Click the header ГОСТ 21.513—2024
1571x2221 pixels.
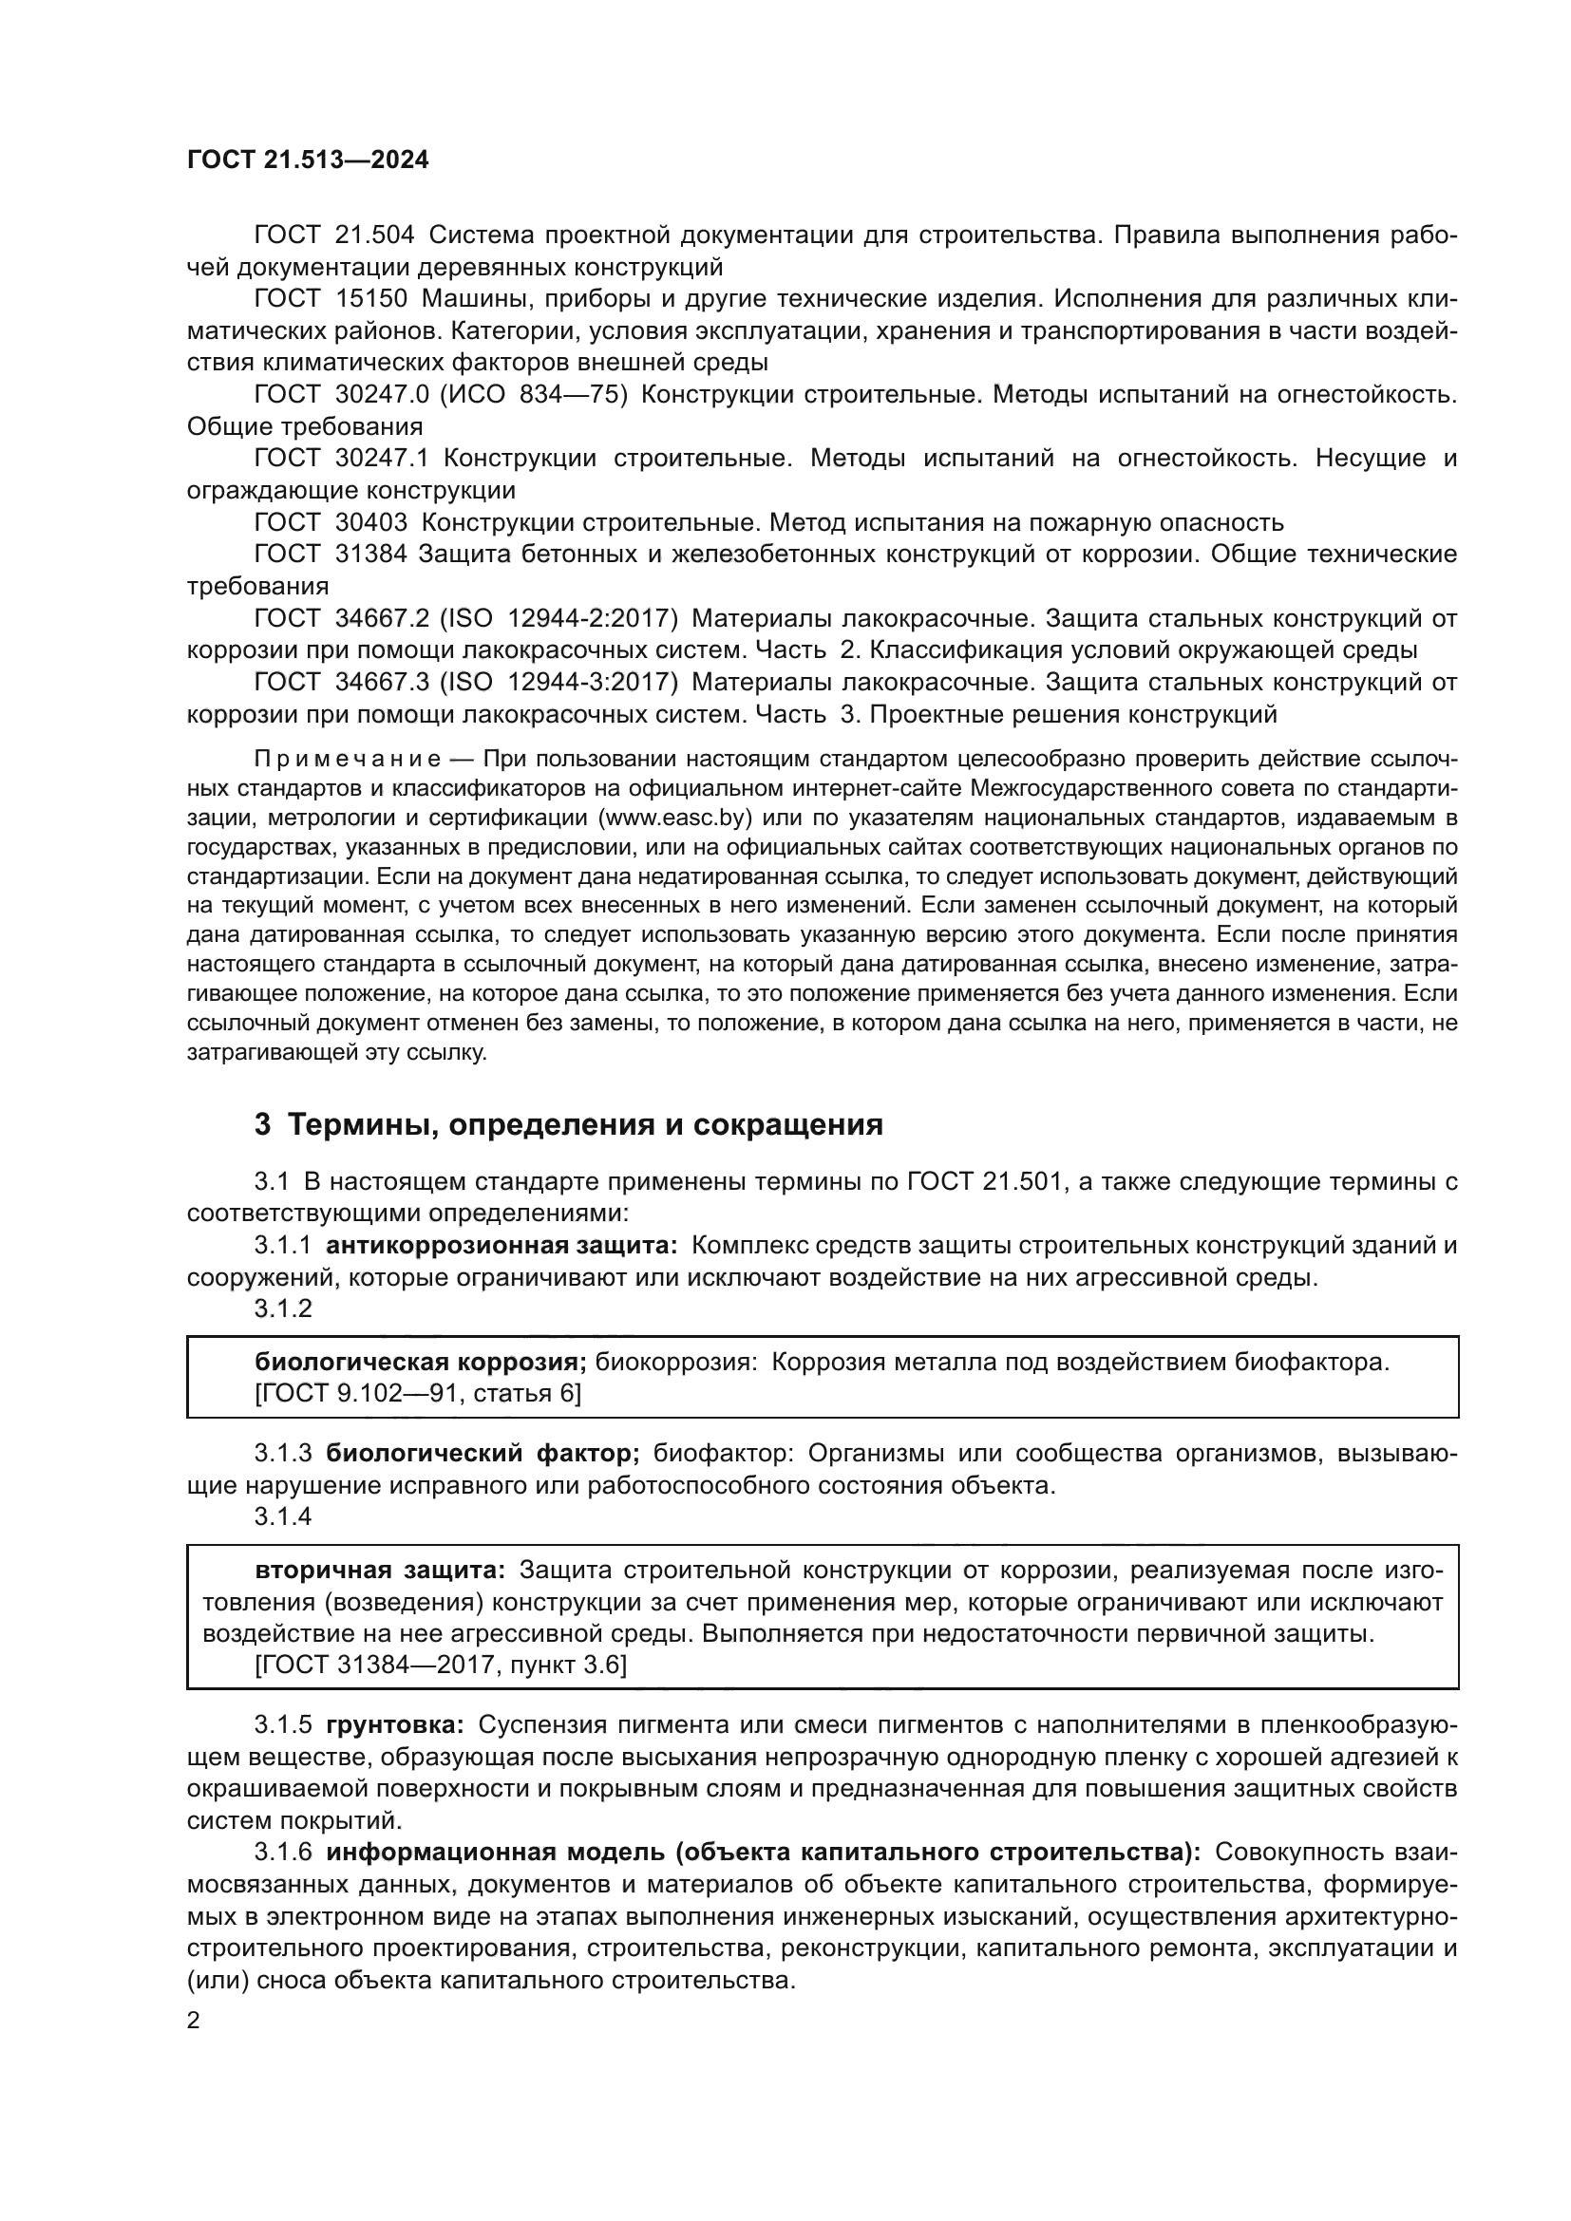click(308, 160)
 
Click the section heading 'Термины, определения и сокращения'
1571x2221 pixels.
click(585, 1125)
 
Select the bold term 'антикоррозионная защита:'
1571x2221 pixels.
click(502, 1246)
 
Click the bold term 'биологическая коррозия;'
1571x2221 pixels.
click(421, 1363)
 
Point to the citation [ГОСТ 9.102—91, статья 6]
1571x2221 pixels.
click(418, 1394)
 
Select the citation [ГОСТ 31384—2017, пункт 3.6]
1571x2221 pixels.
click(440, 1665)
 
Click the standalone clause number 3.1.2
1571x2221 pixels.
click(282, 1308)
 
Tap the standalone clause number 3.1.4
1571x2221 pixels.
click(282, 1516)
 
